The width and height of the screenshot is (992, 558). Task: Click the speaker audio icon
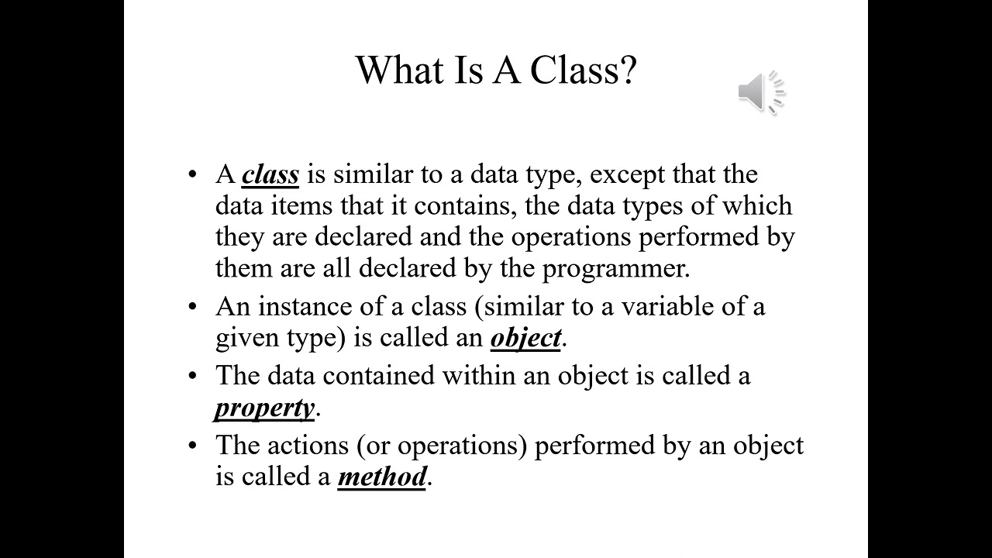pos(761,93)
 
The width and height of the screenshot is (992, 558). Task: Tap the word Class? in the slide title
pos(583,71)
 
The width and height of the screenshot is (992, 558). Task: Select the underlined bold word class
pos(270,174)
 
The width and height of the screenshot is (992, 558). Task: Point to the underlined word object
pos(525,338)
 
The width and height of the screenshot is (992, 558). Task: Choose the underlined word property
pos(265,408)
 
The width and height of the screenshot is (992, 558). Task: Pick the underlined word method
pos(382,477)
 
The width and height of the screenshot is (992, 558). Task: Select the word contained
pos(379,376)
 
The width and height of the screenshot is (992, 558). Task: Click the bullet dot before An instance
pos(194,307)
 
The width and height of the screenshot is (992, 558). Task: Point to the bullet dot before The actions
pos(194,446)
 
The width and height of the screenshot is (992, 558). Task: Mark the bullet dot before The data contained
pos(194,376)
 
